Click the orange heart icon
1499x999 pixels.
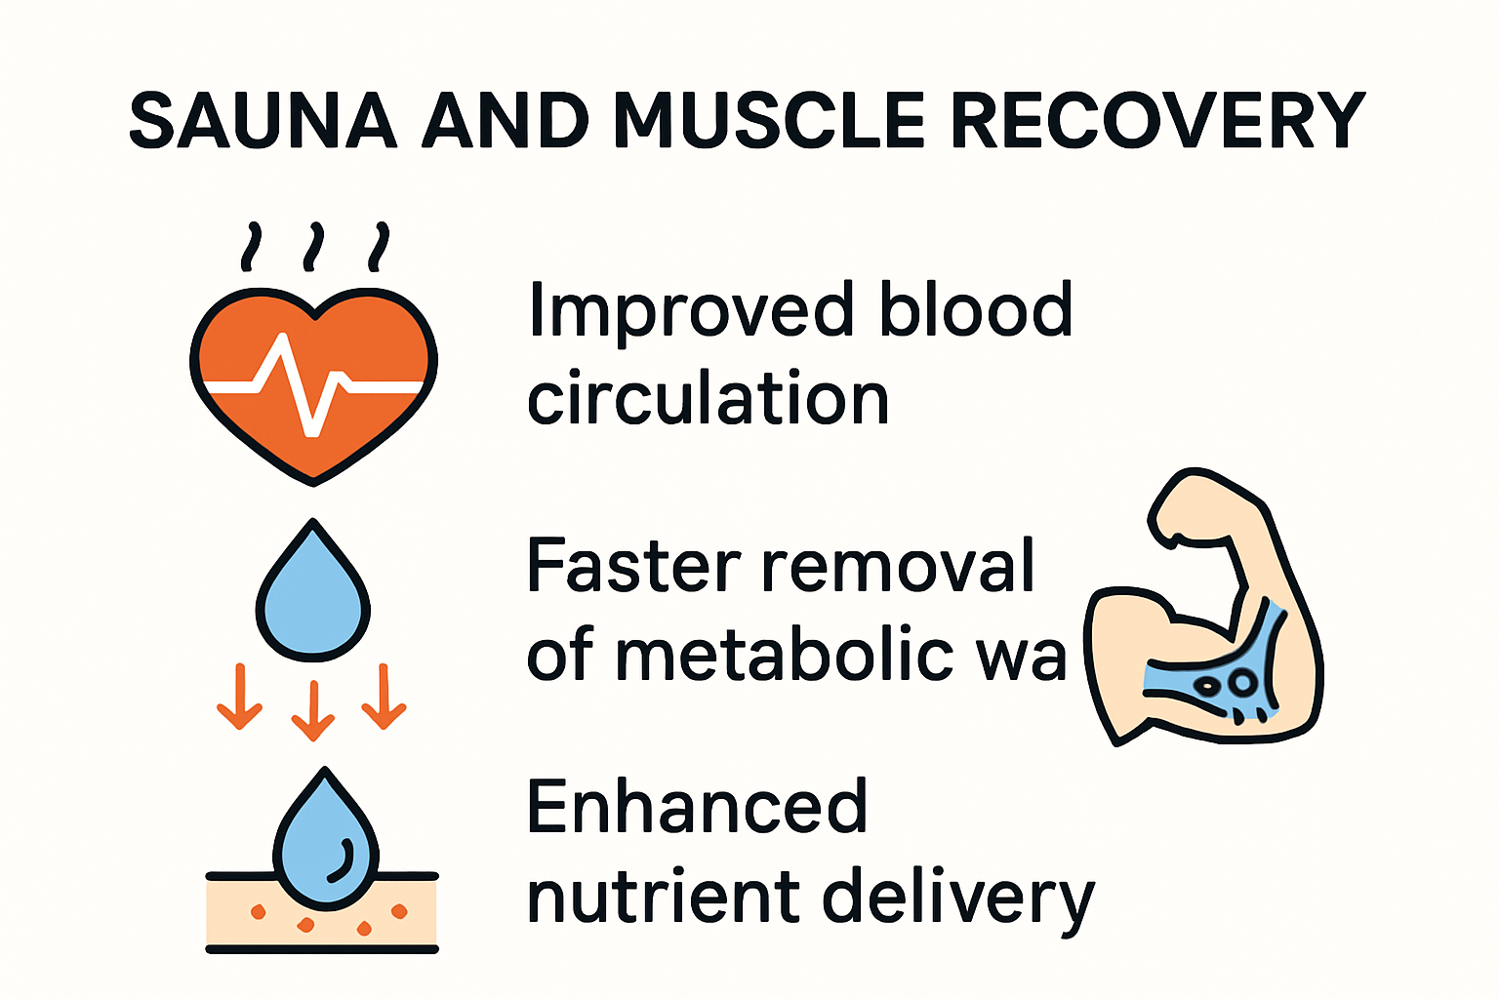[313, 380]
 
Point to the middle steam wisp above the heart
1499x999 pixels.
[313, 246]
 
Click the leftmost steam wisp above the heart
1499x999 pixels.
[253, 246]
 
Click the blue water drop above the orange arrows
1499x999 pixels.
[312, 595]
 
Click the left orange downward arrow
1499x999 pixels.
[240, 697]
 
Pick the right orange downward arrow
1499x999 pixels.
[385, 697]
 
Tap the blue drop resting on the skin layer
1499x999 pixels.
[325, 844]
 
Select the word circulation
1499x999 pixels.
[708, 400]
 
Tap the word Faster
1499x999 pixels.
[634, 566]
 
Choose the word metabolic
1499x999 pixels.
[784, 655]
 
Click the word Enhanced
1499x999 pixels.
[697, 808]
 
